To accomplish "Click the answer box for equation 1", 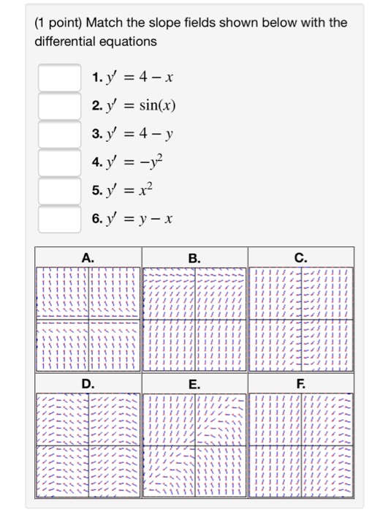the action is pos(59,78).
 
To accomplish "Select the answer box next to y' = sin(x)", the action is pos(59,105).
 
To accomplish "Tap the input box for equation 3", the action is pos(59,134).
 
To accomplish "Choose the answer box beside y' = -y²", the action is pos(59,162).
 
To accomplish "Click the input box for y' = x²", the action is pos(59,189).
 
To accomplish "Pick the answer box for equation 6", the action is pos(59,217).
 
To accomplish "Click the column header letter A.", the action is pos(88,257).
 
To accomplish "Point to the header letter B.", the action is pos(194,257).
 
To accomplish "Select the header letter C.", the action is pos(300,257).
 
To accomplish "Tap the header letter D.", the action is pos(88,384).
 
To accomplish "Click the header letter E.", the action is pos(194,384).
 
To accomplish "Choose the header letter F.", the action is pos(300,384).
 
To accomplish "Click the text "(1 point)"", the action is pos(61,23).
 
